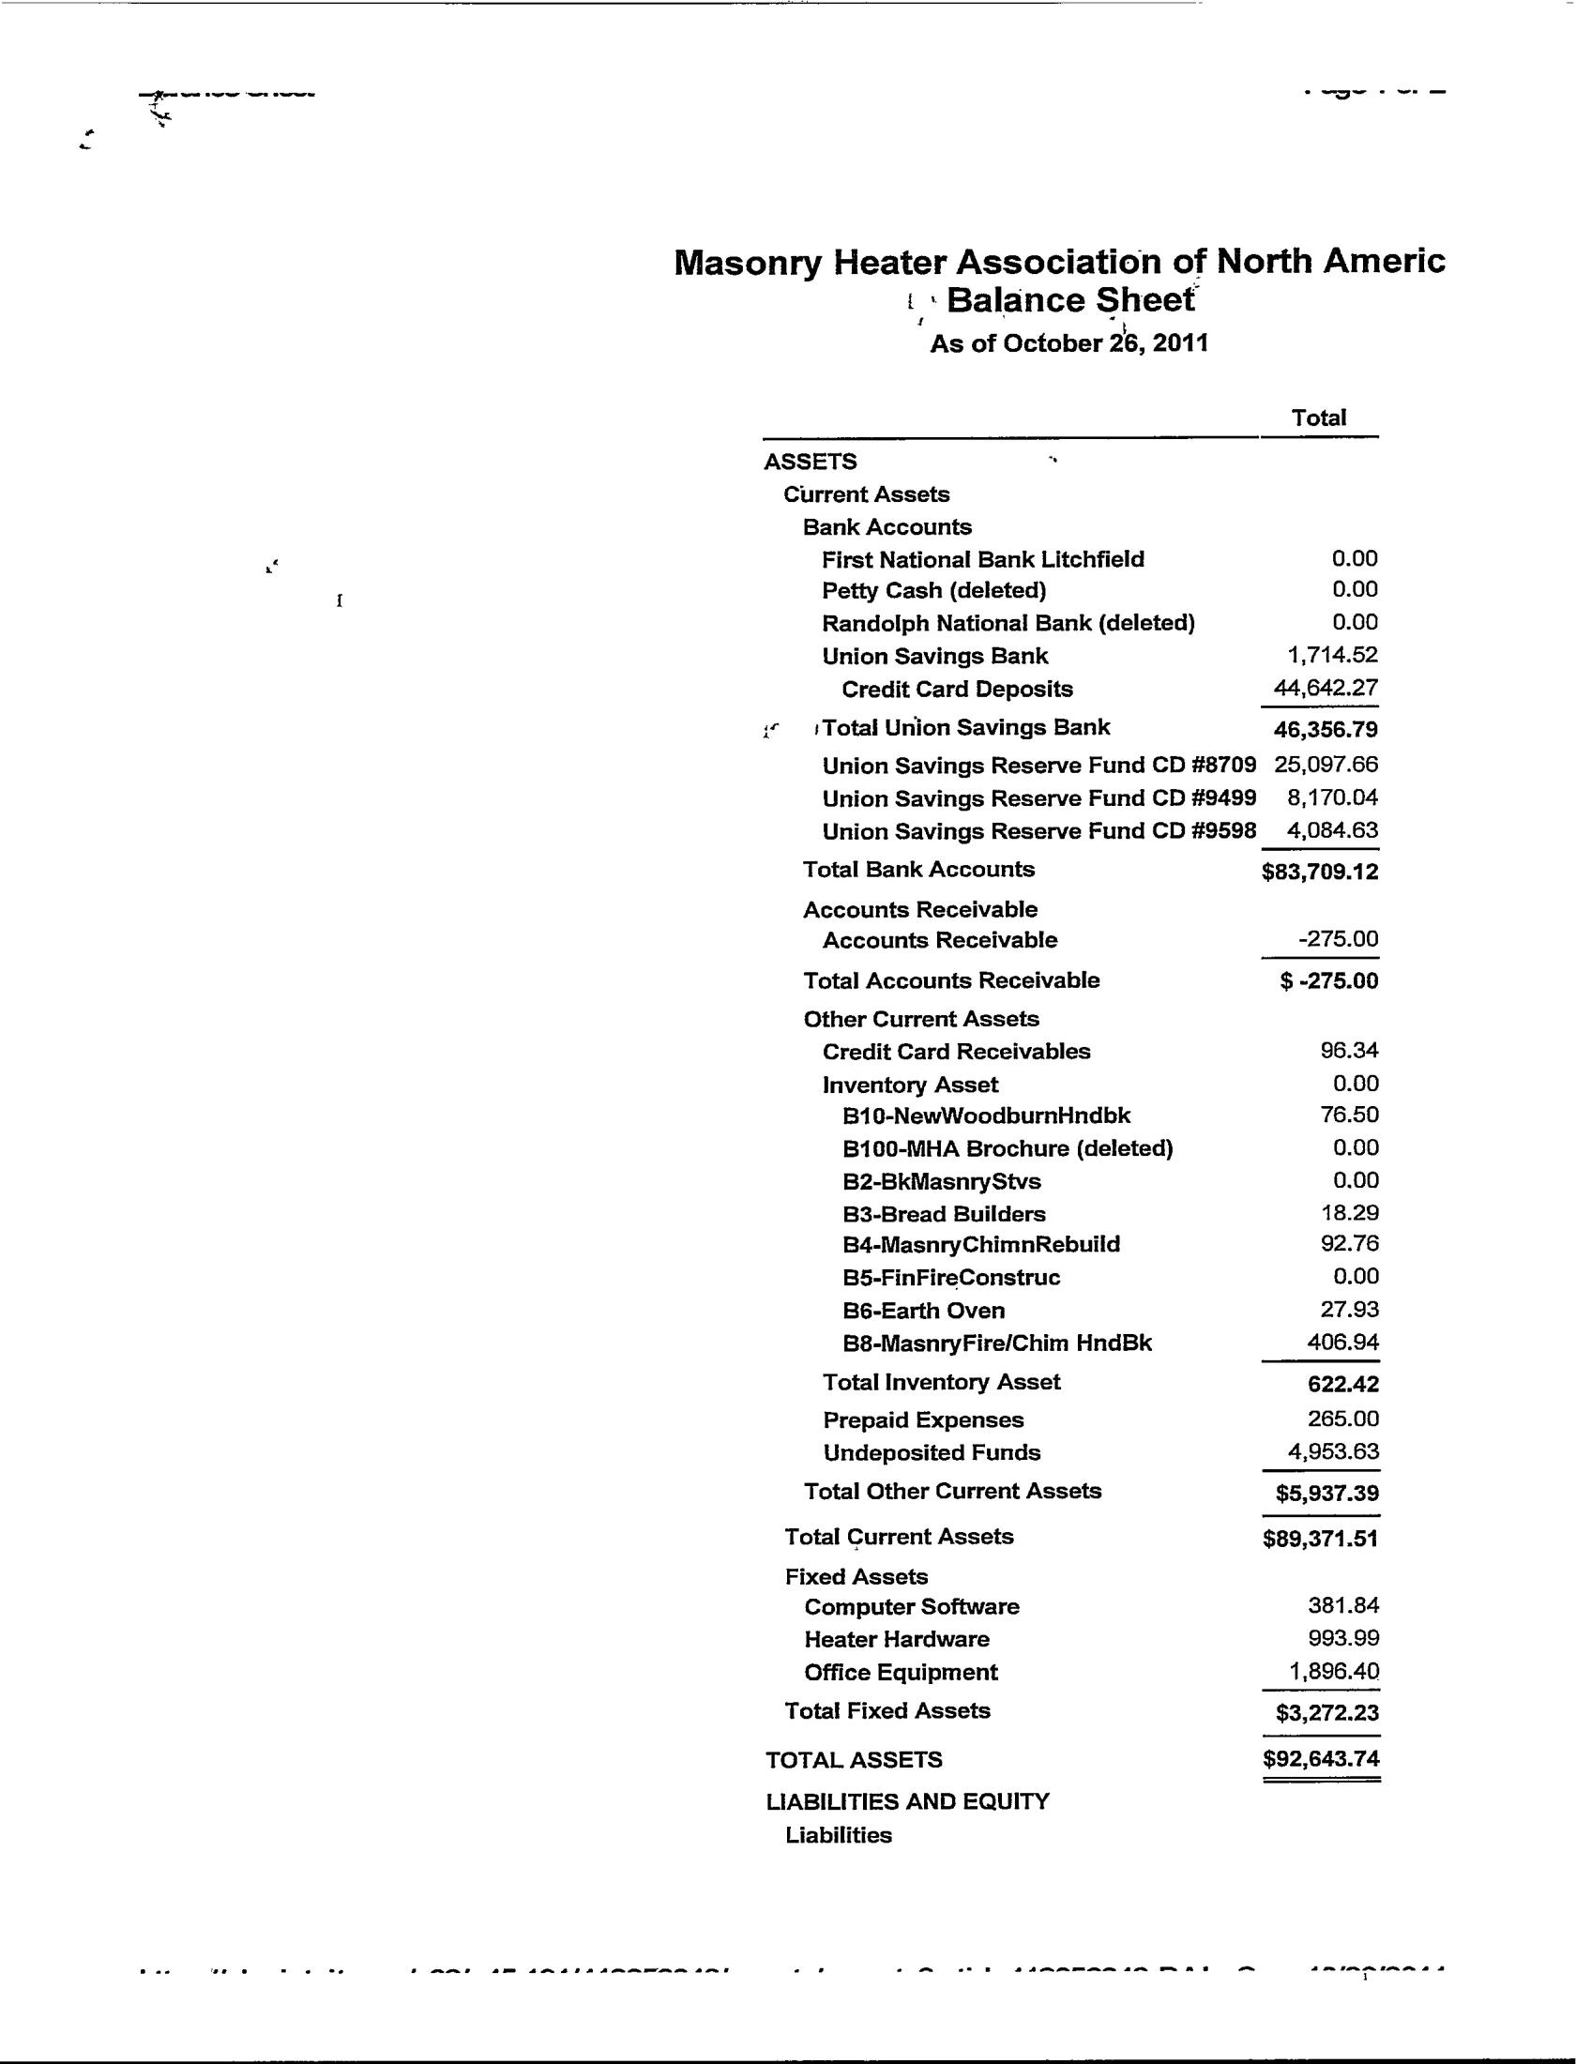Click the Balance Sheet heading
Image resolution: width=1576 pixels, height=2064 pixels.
pos(1070,300)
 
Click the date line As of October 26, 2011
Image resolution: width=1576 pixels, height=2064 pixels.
pos(1068,343)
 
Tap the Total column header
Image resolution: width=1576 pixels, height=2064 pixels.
pos(1318,418)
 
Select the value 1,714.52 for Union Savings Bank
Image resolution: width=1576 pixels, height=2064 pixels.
pos(1332,655)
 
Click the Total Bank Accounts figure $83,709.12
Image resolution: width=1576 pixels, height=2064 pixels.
pos(1320,873)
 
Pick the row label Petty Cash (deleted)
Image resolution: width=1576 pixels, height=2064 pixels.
pos(933,591)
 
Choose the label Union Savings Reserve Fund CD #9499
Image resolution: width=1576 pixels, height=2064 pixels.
pos(1038,798)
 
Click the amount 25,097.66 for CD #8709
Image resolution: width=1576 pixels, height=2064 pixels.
pos(1326,765)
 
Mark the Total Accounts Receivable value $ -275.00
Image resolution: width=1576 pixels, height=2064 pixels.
pos(1328,981)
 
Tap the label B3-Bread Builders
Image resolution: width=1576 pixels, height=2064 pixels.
pos(944,1214)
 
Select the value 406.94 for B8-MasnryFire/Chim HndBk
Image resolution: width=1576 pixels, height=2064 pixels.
pos(1342,1343)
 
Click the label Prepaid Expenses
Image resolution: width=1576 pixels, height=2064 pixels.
pos(923,1420)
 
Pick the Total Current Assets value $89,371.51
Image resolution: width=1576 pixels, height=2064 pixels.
pos(1320,1539)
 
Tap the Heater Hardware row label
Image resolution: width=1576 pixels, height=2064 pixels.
pos(897,1639)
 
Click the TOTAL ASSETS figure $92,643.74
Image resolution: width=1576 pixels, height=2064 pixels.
pos(1321,1759)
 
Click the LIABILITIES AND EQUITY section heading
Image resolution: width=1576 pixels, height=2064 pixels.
pos(907,1801)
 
